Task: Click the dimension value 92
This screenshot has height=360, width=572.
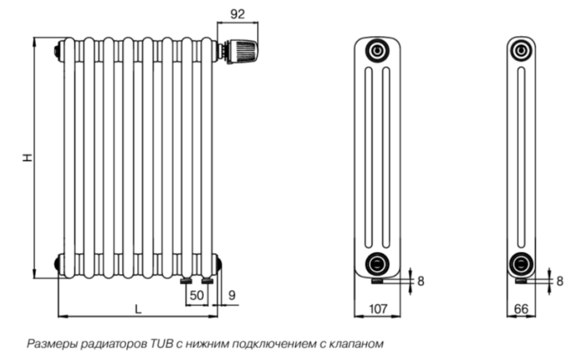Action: pos(238,14)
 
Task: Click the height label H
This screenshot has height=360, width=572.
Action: pos(27,157)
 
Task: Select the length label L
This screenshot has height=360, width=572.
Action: pos(138,309)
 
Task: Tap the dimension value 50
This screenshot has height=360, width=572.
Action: pos(197,295)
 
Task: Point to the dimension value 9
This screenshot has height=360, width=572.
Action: pos(232,295)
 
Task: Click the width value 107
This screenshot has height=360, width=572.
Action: pos(378,309)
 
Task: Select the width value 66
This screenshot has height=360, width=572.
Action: pos(521,309)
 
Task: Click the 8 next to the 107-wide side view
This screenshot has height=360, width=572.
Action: pos(421,281)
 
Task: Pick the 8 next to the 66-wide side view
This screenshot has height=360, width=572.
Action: pos(559,281)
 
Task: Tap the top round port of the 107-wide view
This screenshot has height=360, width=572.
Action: pos(378,50)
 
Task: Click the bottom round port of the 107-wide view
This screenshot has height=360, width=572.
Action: pos(377,263)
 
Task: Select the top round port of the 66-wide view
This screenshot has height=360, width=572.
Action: pos(521,50)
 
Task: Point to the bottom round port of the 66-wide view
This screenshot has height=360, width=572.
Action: pos(521,263)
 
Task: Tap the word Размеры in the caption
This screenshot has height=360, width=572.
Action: pos(52,344)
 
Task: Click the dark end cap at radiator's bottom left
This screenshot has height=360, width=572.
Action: pos(59,263)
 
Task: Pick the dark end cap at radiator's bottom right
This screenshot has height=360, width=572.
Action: pos(219,263)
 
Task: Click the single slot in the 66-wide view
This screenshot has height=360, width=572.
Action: pos(521,157)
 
